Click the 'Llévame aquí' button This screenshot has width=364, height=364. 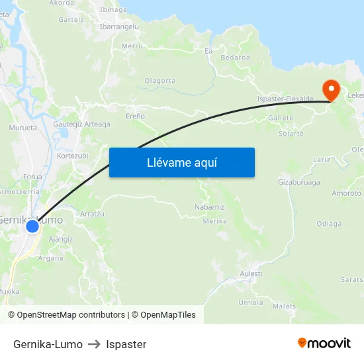[x=182, y=162]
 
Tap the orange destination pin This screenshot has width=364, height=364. [x=330, y=91]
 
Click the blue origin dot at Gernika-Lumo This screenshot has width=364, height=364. [x=32, y=227]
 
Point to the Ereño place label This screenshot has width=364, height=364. [x=135, y=116]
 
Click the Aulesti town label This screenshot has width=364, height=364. [x=251, y=273]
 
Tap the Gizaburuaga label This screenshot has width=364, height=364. [x=298, y=181]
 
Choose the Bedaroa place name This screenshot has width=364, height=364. [x=235, y=58]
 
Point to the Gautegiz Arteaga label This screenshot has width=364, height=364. [x=81, y=124]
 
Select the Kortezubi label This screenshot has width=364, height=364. [x=73, y=156]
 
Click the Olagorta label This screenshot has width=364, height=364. [x=159, y=80]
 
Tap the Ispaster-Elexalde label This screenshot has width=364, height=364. [x=285, y=99]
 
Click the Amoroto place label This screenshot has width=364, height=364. [x=346, y=193]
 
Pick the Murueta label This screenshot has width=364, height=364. [x=23, y=127]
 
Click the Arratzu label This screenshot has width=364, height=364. [x=92, y=214]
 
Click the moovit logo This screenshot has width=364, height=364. [x=324, y=343]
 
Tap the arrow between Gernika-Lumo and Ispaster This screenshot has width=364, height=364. [x=94, y=344]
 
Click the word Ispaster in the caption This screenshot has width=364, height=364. [x=126, y=344]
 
